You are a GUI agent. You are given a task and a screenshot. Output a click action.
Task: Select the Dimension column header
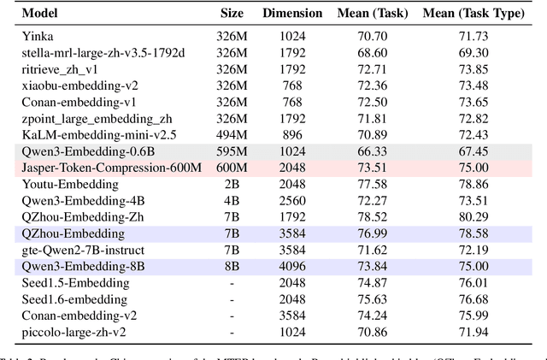pyautogui.click(x=293, y=14)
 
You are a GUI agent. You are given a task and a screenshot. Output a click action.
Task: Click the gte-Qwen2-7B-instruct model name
pyautogui.click(x=83, y=249)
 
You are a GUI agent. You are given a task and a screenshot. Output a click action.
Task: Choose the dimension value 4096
pyautogui.click(x=293, y=265)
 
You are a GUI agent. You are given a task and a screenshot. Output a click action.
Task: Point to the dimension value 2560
pyautogui.click(x=293, y=200)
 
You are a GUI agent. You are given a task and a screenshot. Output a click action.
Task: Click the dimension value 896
pyautogui.click(x=293, y=134)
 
